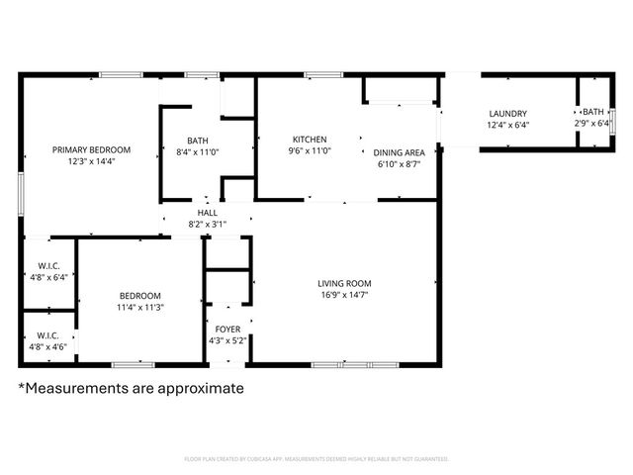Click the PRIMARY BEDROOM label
tap(92, 149)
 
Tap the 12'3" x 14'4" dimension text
tap(92, 161)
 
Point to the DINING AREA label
tap(400, 151)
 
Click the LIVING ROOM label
tap(345, 282)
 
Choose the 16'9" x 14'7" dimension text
tap(345, 294)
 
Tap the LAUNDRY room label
tap(508, 113)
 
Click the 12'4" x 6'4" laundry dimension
tap(508, 125)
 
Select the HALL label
tap(208, 213)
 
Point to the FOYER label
tap(227, 329)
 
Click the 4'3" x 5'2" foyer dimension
tap(227, 340)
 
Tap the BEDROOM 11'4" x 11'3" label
tap(140, 295)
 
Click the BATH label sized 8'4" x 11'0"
tap(199, 140)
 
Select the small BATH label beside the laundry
tap(593, 113)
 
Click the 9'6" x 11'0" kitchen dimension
tap(310, 150)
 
